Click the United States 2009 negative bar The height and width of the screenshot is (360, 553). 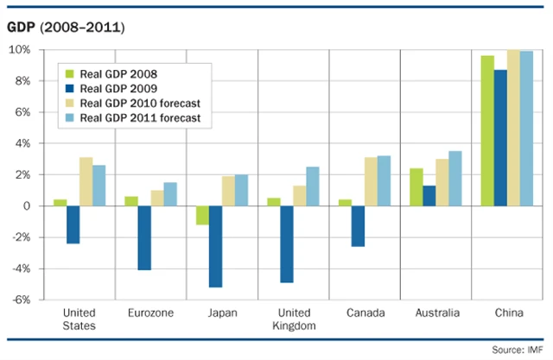[73, 224]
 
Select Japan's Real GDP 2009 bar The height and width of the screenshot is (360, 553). [215, 246]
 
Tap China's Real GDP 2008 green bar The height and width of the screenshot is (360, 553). [487, 131]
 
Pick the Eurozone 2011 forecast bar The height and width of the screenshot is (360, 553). [170, 194]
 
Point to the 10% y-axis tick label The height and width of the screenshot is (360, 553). [20, 49]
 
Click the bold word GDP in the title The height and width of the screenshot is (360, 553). [23, 28]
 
